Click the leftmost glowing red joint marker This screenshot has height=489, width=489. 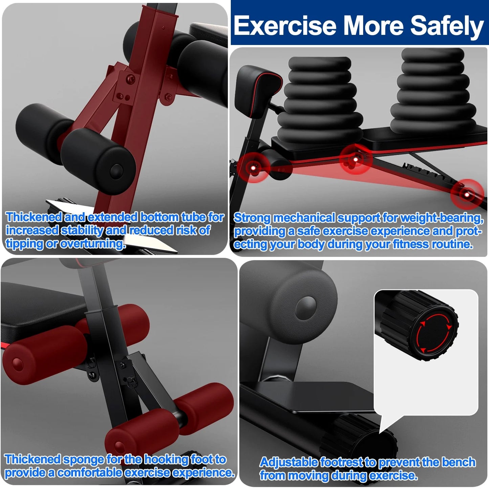253,167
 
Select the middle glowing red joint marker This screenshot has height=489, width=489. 355,159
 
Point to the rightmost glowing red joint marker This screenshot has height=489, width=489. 467,194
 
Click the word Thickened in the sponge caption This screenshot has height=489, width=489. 33,460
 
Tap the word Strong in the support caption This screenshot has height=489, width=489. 252,218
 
